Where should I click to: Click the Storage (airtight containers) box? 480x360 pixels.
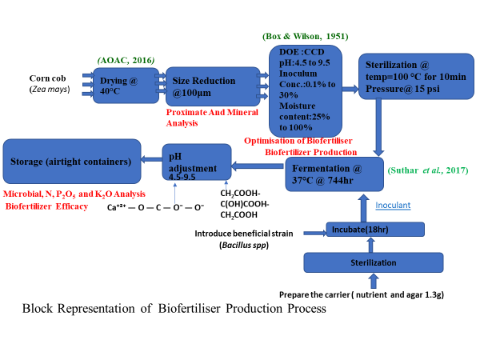[70, 162]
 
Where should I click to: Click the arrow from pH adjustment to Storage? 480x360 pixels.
[150, 160]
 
